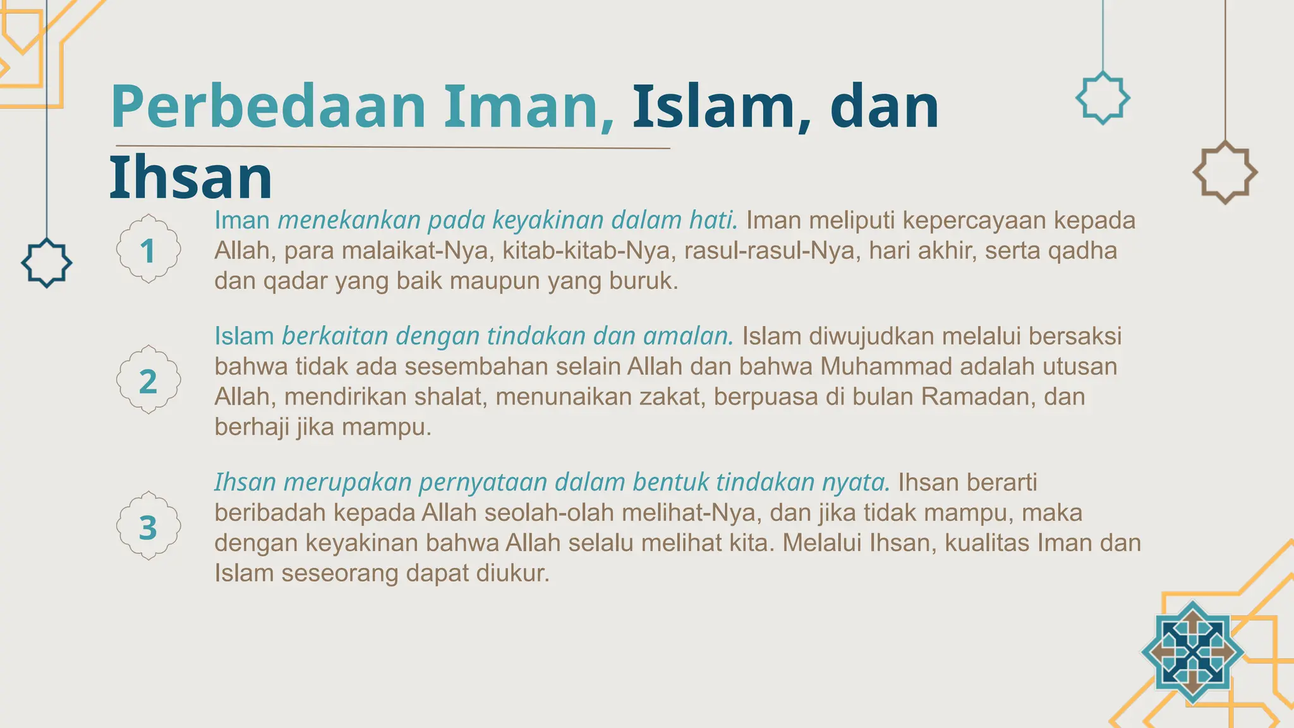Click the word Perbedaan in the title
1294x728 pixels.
[x=269, y=107]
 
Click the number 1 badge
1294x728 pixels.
[x=148, y=250]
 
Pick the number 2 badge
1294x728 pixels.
[x=148, y=380]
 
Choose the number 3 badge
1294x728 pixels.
[x=148, y=527]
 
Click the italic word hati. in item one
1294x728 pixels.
[x=713, y=220]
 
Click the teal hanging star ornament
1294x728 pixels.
[x=1103, y=98]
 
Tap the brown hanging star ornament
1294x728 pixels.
[x=1225, y=173]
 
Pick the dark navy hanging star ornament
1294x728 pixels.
[x=46, y=263]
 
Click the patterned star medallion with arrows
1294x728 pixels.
[x=1192, y=652]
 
